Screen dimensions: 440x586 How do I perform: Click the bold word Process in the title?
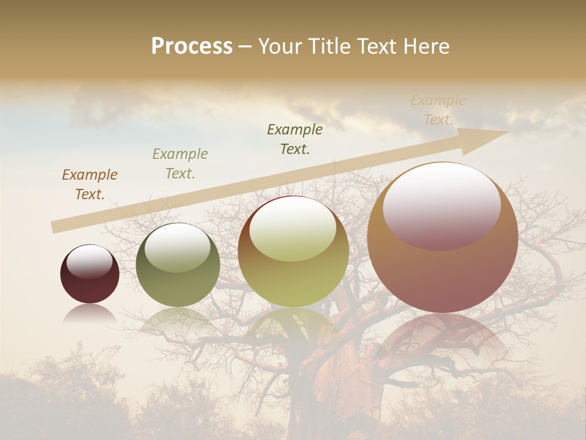click(192, 46)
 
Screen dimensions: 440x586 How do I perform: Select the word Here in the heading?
click(425, 46)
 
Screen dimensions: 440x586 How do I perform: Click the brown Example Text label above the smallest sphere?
click(90, 185)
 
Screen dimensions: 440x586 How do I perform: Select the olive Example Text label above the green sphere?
click(180, 164)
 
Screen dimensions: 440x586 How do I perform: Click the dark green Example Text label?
click(295, 139)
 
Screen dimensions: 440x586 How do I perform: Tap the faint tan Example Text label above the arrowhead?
click(438, 110)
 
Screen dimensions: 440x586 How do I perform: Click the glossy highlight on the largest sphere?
click(441, 205)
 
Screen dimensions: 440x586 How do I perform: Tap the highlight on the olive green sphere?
click(178, 247)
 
